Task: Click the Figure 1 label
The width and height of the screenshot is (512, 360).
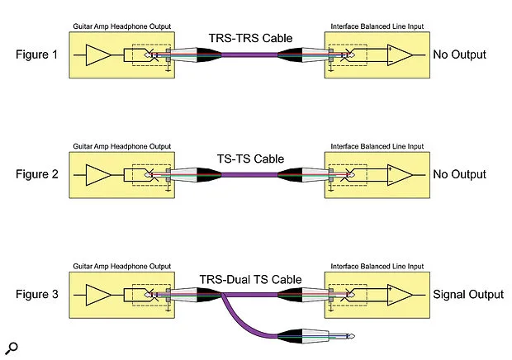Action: pos(37,54)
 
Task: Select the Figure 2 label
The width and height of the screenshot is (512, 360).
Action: pos(37,174)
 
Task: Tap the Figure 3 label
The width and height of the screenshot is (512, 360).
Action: pos(37,294)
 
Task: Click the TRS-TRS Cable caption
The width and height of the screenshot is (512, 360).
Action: pos(250,37)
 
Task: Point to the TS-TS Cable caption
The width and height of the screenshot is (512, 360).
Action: pos(250,158)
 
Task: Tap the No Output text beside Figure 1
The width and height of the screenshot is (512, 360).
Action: pos(459,54)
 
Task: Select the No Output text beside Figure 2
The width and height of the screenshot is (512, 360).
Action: pos(459,174)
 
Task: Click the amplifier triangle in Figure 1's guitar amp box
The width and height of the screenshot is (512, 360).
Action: pos(97,55)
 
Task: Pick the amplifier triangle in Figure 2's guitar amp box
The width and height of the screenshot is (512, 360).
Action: pos(97,175)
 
